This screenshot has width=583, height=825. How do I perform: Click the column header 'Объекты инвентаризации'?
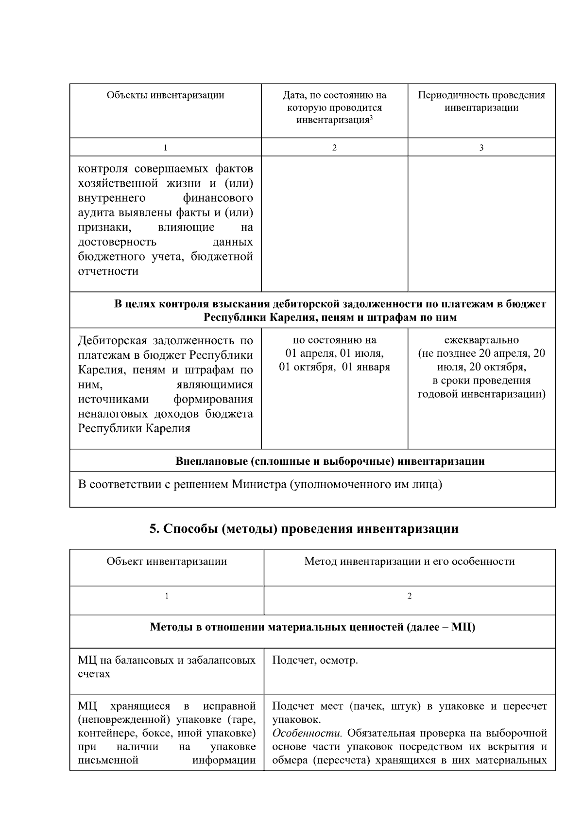point(165,95)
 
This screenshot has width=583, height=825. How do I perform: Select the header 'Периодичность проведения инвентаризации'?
point(481,101)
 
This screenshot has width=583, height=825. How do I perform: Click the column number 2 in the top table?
point(334,148)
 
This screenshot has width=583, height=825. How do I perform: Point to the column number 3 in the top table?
point(481,148)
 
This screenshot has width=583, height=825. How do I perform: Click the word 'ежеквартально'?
point(481,340)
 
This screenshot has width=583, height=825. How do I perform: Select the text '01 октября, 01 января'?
point(334,367)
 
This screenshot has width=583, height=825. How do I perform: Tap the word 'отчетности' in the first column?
point(108,271)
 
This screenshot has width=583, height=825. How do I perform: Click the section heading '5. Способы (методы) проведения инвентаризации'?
point(304,528)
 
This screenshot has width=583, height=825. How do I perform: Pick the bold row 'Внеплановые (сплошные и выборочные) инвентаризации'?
point(330,461)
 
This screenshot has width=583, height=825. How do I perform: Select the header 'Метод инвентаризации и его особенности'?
point(409,562)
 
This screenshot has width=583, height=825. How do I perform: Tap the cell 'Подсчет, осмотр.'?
point(315,660)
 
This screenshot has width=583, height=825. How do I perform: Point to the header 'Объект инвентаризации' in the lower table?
point(167,562)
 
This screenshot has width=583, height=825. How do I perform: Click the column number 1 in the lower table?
point(167,596)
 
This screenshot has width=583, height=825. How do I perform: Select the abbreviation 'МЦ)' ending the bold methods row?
point(463,627)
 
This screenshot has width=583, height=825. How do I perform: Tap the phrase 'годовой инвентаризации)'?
point(481,394)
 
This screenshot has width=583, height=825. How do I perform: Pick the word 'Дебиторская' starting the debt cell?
point(112,340)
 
